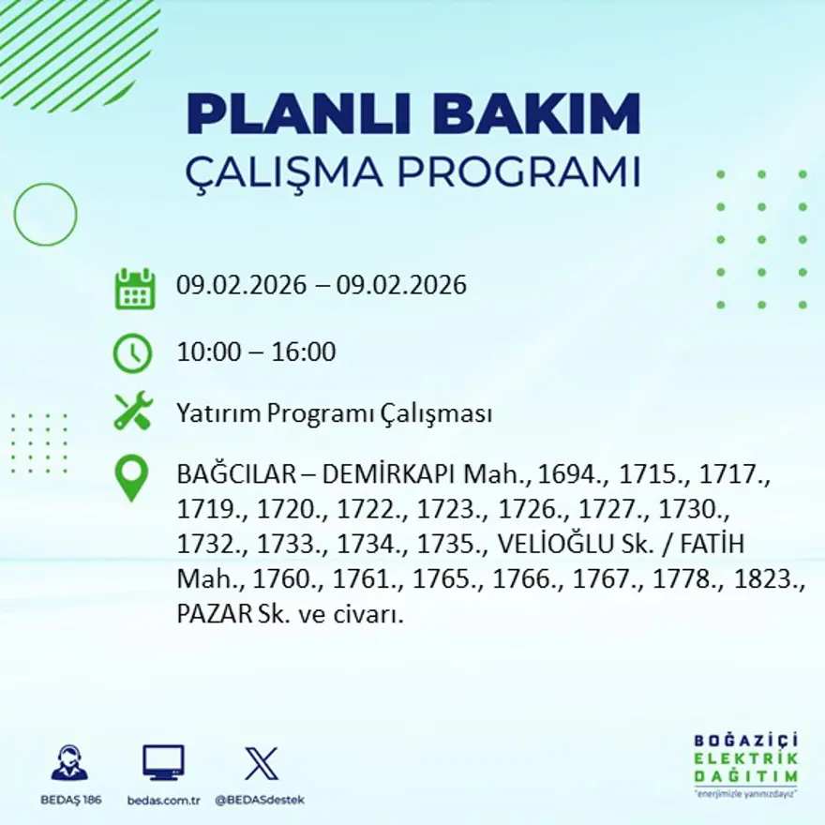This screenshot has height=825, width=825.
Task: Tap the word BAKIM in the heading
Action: (x=536, y=114)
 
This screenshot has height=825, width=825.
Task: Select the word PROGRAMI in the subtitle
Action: (x=518, y=171)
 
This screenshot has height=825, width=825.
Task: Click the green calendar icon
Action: (x=135, y=289)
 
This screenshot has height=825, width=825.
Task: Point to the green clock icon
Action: (x=132, y=353)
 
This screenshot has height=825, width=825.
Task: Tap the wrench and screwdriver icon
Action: (x=133, y=410)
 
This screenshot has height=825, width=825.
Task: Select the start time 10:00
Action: (x=209, y=352)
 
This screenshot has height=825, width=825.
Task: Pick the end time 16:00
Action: (x=304, y=352)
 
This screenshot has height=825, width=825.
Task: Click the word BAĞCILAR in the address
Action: (x=237, y=474)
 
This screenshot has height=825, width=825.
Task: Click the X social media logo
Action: (x=262, y=763)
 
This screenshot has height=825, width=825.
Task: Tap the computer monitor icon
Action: (x=164, y=762)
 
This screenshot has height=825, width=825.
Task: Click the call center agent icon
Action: (x=70, y=762)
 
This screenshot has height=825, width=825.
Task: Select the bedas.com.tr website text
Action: (x=164, y=801)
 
